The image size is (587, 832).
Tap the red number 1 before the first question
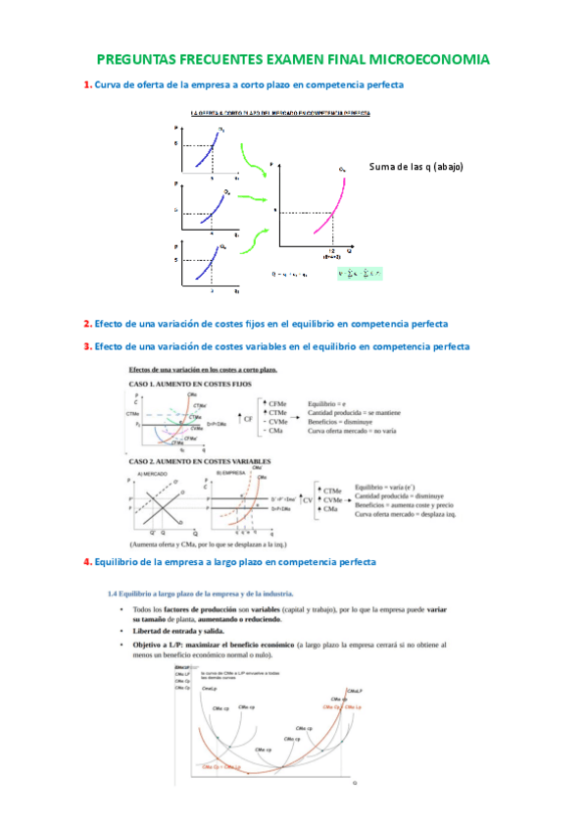pos(86,85)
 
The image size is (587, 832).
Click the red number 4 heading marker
pos(86,561)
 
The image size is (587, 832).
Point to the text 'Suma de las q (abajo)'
pos(416,167)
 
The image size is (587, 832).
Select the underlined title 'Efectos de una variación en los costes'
pos(203,370)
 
